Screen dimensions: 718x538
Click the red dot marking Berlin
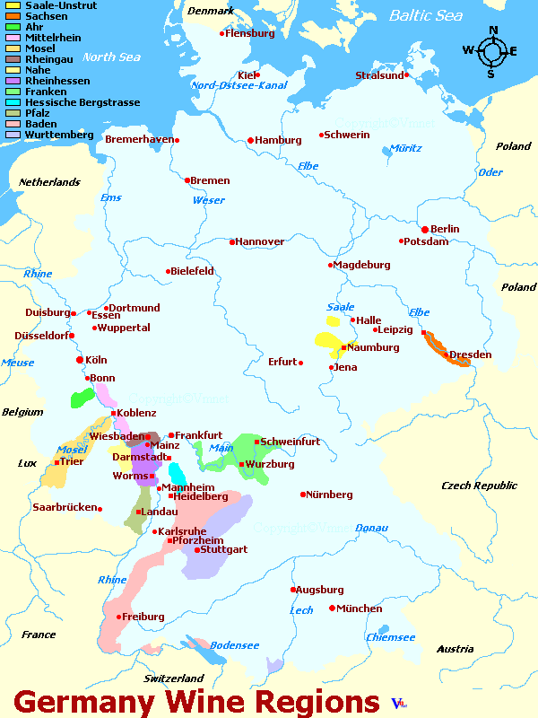[425, 229]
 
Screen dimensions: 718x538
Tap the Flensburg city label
[250, 33]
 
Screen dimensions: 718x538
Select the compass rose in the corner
[491, 51]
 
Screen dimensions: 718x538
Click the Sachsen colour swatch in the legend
[12, 16]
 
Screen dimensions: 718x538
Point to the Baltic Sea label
[425, 16]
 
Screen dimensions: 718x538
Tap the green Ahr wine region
[82, 398]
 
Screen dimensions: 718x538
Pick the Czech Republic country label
[479, 486]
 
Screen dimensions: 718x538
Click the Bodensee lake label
[234, 645]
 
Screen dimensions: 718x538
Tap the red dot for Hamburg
[250, 140]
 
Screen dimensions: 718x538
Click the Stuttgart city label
[223, 549]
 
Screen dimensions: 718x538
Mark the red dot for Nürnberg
[303, 495]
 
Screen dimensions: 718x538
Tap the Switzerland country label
[174, 679]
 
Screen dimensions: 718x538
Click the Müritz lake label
[405, 148]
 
